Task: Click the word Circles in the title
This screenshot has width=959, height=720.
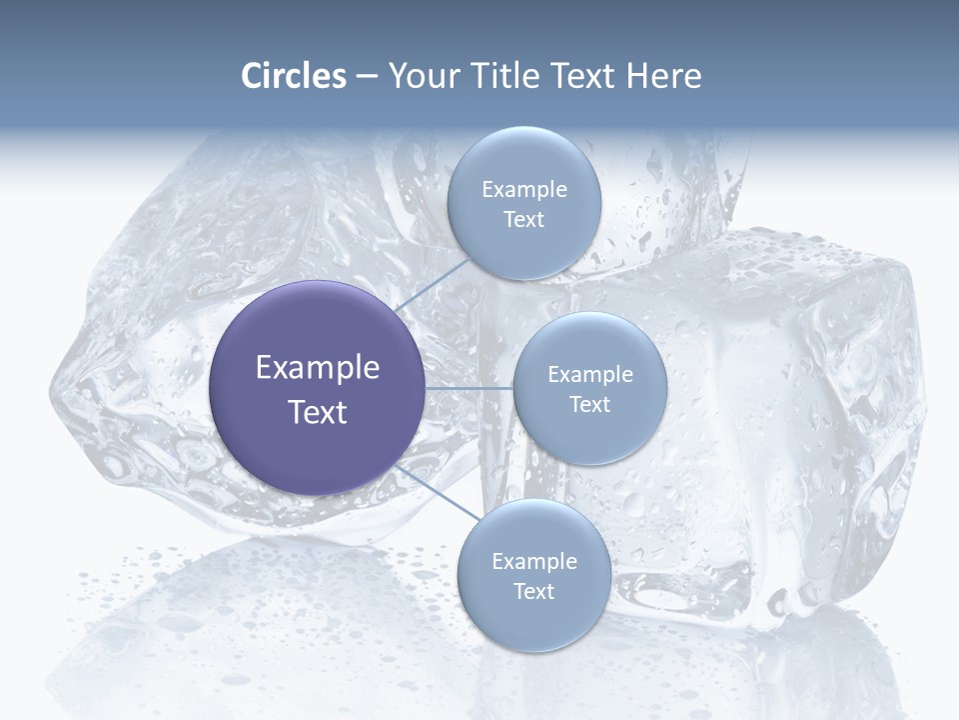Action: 294,76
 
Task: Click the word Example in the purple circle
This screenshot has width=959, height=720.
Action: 317,368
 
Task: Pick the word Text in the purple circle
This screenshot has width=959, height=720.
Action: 317,412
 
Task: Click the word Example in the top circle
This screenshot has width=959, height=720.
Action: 523,189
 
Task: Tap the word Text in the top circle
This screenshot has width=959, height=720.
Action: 523,219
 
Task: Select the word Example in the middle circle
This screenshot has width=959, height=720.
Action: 589,374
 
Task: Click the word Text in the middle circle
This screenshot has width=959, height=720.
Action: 589,404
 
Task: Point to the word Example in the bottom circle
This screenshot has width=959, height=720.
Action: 533,561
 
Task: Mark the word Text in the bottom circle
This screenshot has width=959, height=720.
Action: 533,591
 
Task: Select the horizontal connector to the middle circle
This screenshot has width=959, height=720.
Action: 469,388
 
